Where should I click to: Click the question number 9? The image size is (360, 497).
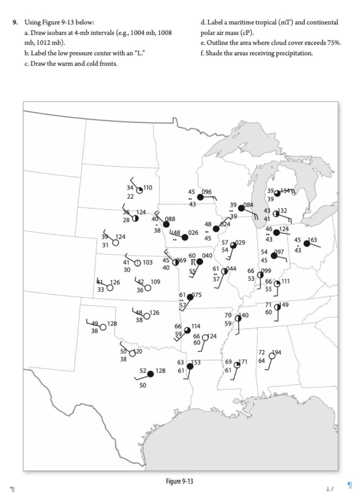pyautogui.click(x=15, y=22)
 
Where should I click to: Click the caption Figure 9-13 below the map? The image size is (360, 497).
pyautogui.click(x=180, y=481)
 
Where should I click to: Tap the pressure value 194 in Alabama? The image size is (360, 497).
pyautogui.click(x=277, y=352)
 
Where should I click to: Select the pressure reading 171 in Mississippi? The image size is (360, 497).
pyautogui.click(x=243, y=362)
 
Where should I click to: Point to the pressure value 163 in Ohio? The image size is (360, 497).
pyautogui.click(x=312, y=240)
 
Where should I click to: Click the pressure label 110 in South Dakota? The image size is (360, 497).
pyautogui.click(x=148, y=187)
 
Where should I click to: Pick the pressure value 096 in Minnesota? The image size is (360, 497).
pyautogui.click(x=207, y=192)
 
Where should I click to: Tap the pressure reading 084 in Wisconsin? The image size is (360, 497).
pyautogui.click(x=248, y=205)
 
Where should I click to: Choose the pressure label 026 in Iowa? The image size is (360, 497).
pyautogui.click(x=193, y=232)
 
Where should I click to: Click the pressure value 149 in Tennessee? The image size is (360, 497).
pyautogui.click(x=284, y=305)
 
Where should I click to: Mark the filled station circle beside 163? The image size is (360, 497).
pyautogui.click(x=307, y=244)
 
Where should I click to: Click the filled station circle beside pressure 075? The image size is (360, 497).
pyautogui.click(x=190, y=297)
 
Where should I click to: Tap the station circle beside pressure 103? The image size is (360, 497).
pyautogui.click(x=137, y=263)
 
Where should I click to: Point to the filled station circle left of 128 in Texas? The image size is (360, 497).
pyautogui.click(x=150, y=374)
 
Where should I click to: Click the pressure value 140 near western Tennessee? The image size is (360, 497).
pyautogui.click(x=244, y=315)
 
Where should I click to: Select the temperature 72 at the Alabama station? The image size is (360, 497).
pyautogui.click(x=262, y=352)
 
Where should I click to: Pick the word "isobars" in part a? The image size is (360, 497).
pyautogui.click(x=55, y=33)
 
